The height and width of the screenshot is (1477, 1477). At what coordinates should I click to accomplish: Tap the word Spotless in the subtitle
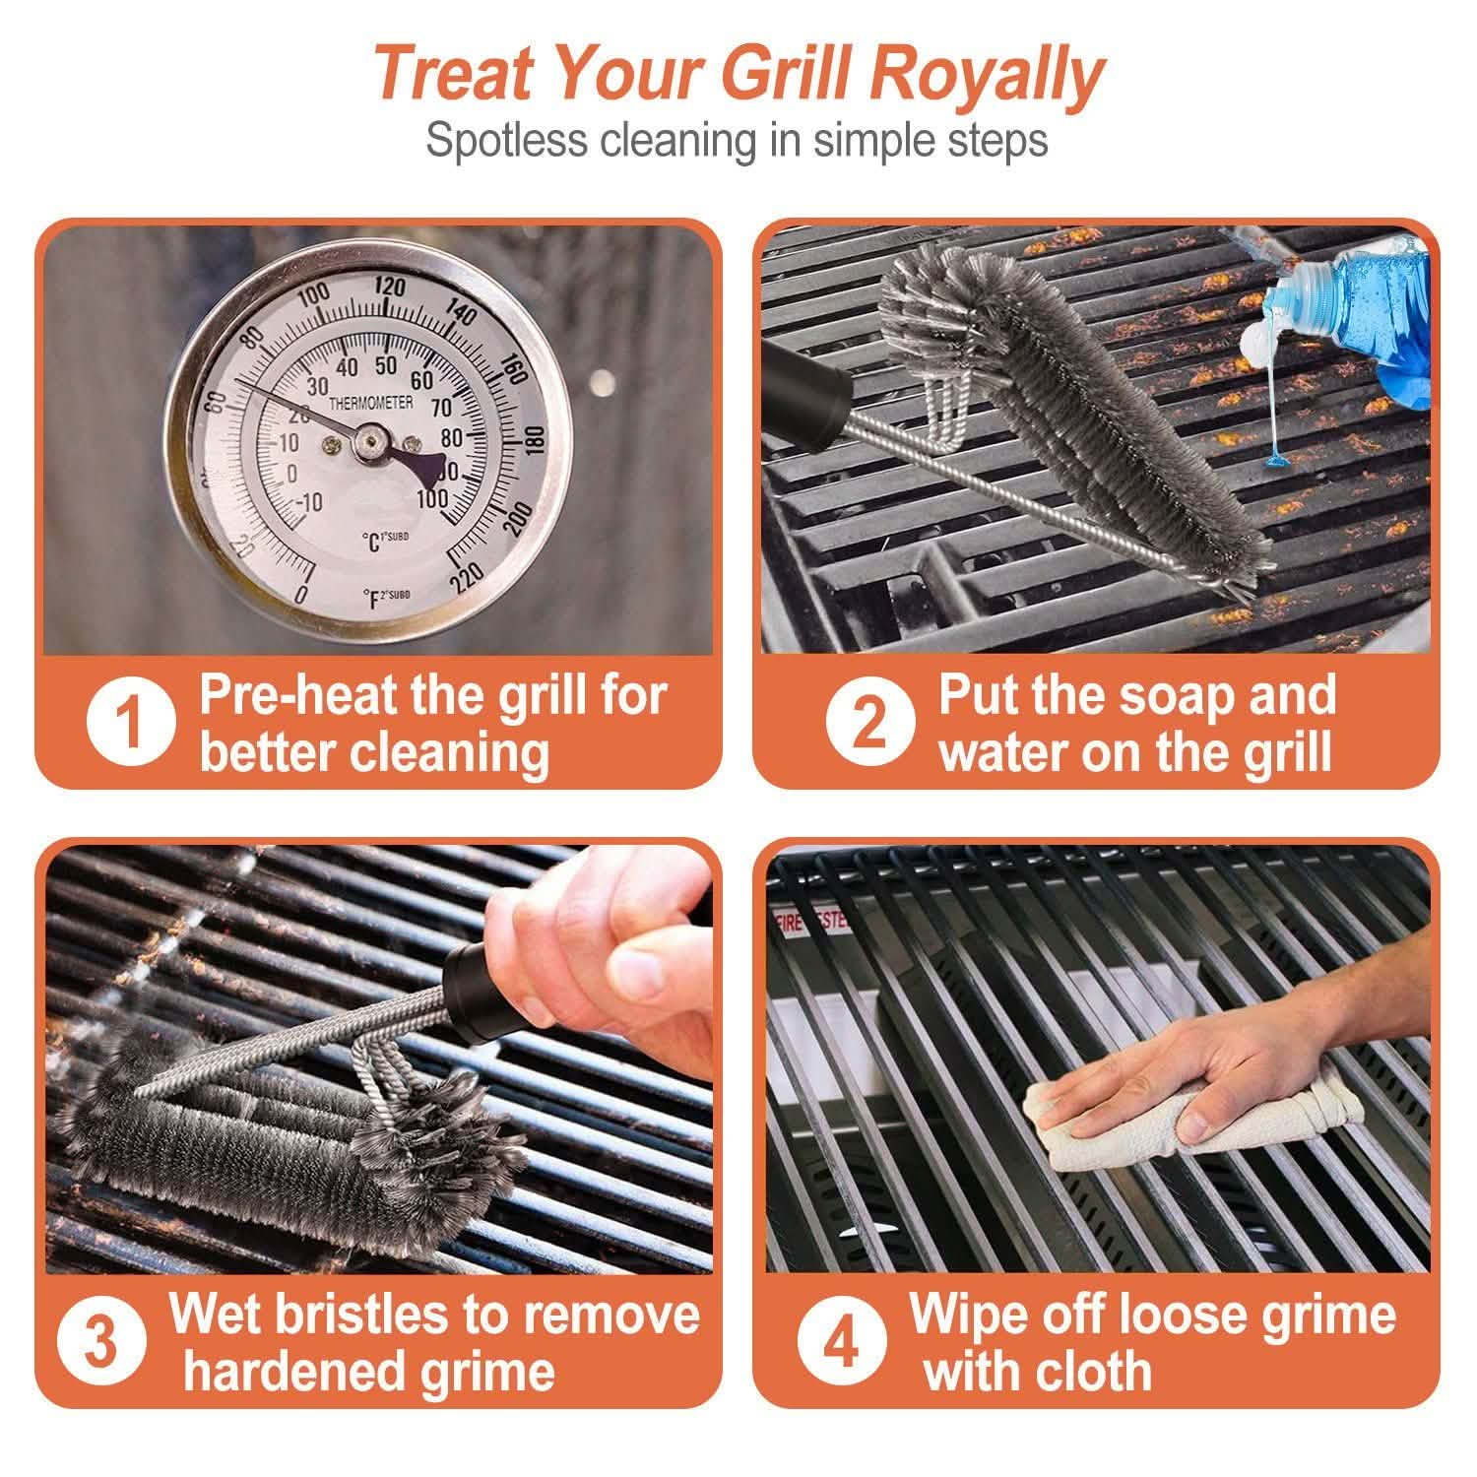pyautogui.click(x=507, y=140)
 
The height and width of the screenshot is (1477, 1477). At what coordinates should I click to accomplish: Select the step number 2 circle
pyautogui.click(x=868, y=722)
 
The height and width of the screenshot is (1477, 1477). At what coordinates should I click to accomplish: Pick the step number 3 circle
pyautogui.click(x=101, y=1341)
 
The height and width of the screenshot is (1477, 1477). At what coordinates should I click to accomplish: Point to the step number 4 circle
pyautogui.click(x=841, y=1342)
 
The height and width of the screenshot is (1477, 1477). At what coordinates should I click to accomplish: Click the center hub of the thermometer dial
pyautogui.click(x=370, y=442)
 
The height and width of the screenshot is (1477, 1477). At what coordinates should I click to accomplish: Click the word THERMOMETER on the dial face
pyautogui.click(x=370, y=404)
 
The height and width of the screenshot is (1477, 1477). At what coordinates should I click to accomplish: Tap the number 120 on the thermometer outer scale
pyautogui.click(x=390, y=287)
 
